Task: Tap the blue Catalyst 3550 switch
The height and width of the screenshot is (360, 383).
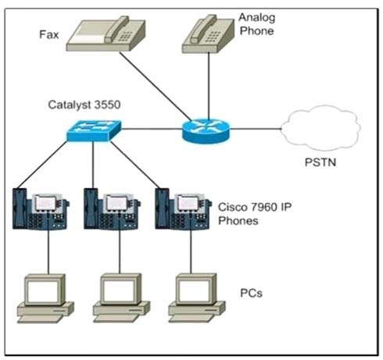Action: click(94, 130)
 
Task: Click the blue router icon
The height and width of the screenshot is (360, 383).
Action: click(206, 130)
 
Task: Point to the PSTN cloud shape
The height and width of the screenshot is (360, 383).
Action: click(321, 128)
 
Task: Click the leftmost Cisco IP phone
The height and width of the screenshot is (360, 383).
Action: click(41, 209)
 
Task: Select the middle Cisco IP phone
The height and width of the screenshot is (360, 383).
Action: click(112, 209)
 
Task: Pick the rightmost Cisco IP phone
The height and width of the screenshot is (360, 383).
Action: click(183, 209)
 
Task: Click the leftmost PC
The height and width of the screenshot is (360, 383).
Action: click(45, 298)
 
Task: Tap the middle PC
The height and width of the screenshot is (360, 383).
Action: click(121, 298)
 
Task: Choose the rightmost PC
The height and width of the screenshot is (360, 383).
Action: click(197, 298)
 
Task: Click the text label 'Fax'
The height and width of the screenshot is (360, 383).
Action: click(49, 34)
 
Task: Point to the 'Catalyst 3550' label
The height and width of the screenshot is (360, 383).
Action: click(84, 105)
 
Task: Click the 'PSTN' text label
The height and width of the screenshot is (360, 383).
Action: click(320, 162)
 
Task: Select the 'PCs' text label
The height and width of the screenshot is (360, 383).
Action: click(251, 293)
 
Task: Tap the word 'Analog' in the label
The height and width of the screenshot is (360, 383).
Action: click(257, 18)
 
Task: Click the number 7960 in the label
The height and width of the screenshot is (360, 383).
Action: click(263, 207)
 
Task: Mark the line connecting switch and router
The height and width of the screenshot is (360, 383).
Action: click(152, 129)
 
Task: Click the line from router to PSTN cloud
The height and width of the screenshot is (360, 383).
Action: click(256, 129)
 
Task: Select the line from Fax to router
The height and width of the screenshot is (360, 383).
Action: click(155, 86)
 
